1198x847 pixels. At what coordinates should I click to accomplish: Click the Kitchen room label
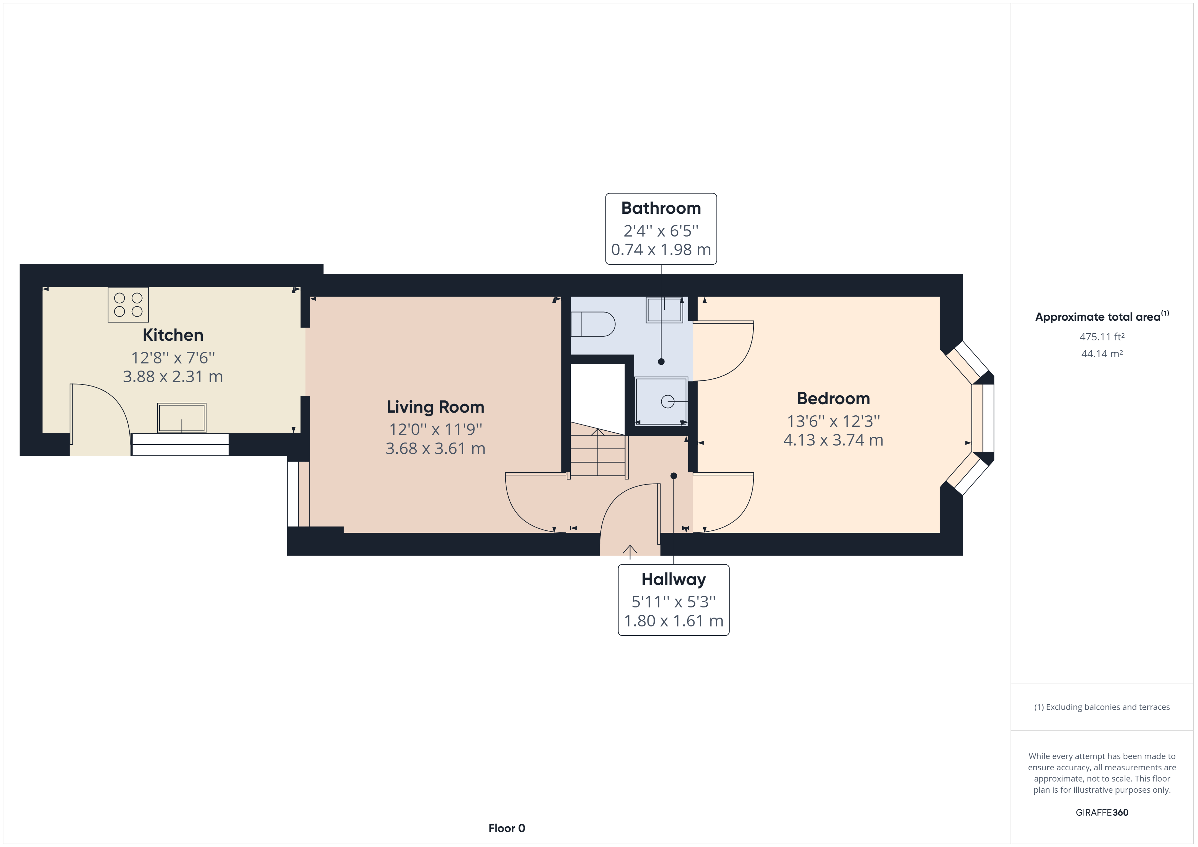coord(173,335)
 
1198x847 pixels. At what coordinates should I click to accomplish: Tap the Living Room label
coord(435,407)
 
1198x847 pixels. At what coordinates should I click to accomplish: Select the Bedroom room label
coord(833,398)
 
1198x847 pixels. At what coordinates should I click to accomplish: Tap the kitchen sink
coord(182,418)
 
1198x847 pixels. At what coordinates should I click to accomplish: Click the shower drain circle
coord(667,401)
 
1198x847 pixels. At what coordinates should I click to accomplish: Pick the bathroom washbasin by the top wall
coord(664,310)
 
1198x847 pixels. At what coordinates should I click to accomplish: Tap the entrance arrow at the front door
coord(630,552)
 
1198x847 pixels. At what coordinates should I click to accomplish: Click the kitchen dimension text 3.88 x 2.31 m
coord(173,377)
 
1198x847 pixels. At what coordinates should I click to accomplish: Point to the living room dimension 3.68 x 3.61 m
coord(435,449)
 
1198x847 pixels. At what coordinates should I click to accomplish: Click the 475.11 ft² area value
coord(1102,337)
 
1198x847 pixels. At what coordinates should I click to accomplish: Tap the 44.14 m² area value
coord(1102,354)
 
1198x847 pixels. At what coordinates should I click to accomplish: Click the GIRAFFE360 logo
coord(1102,813)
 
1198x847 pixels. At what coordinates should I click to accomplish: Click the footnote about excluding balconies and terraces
coord(1102,707)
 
